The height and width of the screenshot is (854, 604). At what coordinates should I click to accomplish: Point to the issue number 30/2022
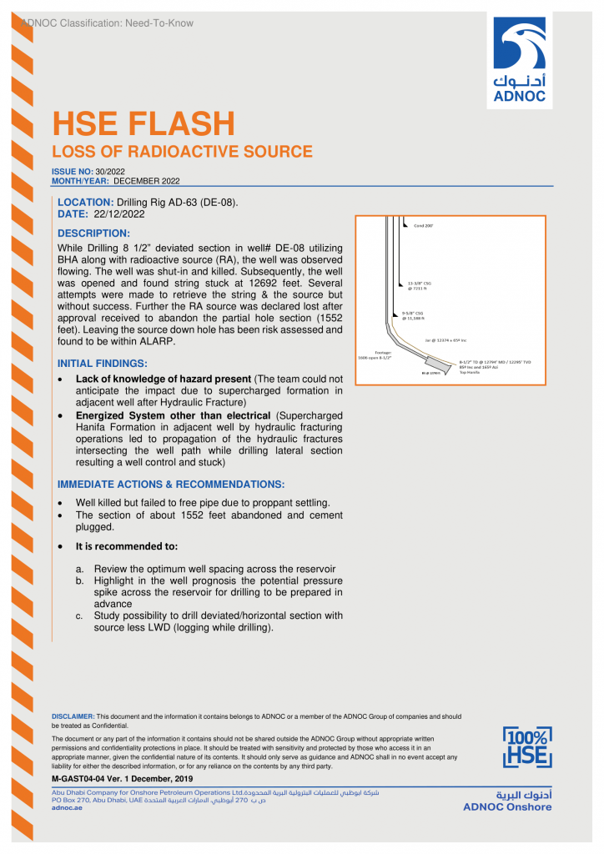pyautogui.click(x=110, y=171)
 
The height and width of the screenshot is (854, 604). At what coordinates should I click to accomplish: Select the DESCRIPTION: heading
pyautogui.click(x=93, y=233)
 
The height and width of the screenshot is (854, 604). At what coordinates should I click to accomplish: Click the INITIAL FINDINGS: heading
pyautogui.click(x=102, y=364)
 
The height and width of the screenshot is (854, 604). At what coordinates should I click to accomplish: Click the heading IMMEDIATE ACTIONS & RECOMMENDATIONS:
pyautogui.click(x=170, y=485)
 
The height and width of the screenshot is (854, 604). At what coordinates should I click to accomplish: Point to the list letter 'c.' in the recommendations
pyautogui.click(x=80, y=616)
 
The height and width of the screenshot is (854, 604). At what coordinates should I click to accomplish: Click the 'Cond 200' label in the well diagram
pyautogui.click(x=423, y=225)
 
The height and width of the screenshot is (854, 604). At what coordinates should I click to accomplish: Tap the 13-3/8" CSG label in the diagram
pyautogui.click(x=420, y=284)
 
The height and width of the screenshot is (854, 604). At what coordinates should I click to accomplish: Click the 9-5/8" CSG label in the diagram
pyautogui.click(x=414, y=315)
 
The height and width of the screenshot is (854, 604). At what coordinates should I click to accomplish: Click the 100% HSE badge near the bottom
pyautogui.click(x=526, y=747)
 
